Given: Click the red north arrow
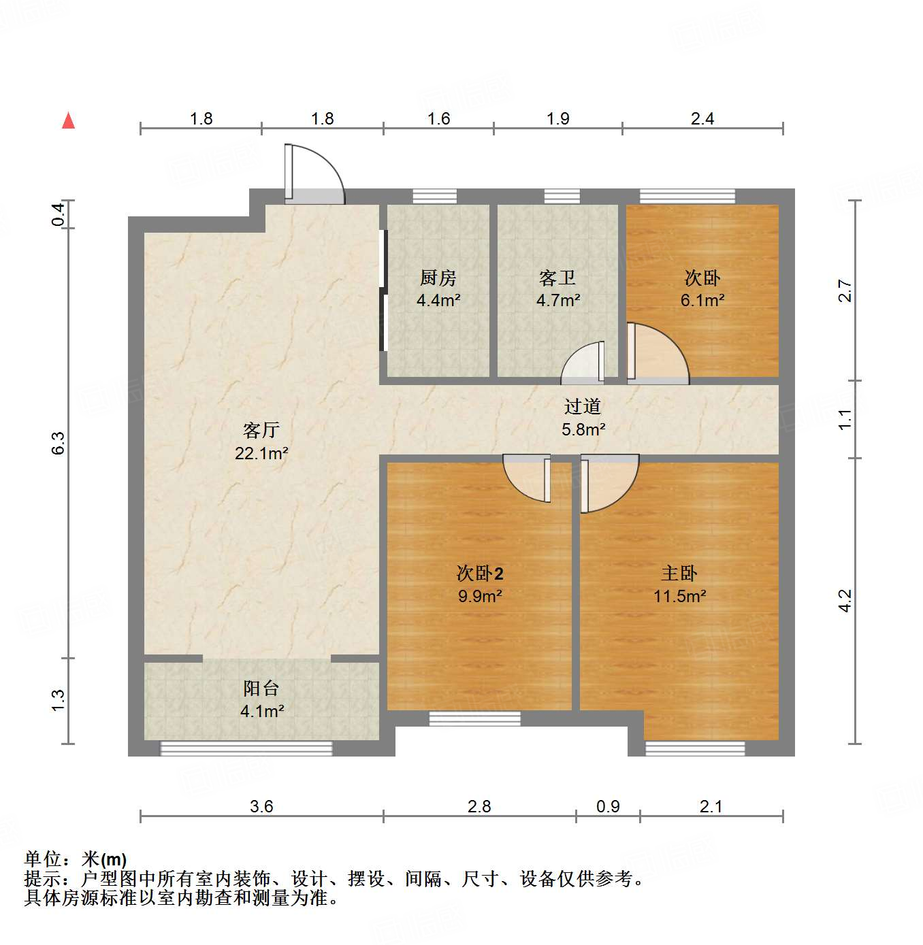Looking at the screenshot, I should pyautogui.click(x=68, y=120).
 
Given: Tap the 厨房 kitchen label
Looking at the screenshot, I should pyautogui.click(x=438, y=278).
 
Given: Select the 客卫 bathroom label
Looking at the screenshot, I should pyautogui.click(x=557, y=278).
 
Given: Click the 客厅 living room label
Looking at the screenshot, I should pyautogui.click(x=261, y=430).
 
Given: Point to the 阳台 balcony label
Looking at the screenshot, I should pyautogui.click(x=261, y=689).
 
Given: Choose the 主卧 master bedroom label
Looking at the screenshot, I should pyautogui.click(x=679, y=574).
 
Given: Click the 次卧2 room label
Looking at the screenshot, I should pyautogui.click(x=479, y=574).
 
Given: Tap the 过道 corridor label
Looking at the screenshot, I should pyautogui.click(x=583, y=407).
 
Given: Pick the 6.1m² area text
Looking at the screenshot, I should pyautogui.click(x=702, y=300).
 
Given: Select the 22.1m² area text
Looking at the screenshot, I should pyautogui.click(x=261, y=453).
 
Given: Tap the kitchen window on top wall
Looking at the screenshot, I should pyautogui.click(x=434, y=197).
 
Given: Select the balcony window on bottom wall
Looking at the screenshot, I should pyautogui.click(x=246, y=748).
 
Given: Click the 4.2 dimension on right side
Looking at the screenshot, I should pyautogui.click(x=845, y=600).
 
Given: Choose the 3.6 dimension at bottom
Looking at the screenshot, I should pyautogui.click(x=261, y=807).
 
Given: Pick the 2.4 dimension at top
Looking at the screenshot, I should pyautogui.click(x=702, y=119).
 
